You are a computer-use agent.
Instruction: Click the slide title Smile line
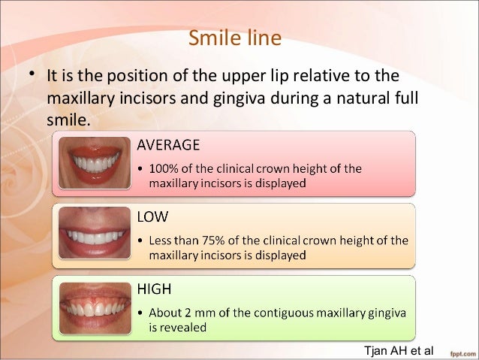click(234, 38)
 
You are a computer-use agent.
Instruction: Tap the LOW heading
click(152, 217)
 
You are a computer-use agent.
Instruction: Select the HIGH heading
click(155, 289)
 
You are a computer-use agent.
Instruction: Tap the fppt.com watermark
click(460, 352)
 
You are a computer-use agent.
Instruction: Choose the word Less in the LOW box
click(162, 241)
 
